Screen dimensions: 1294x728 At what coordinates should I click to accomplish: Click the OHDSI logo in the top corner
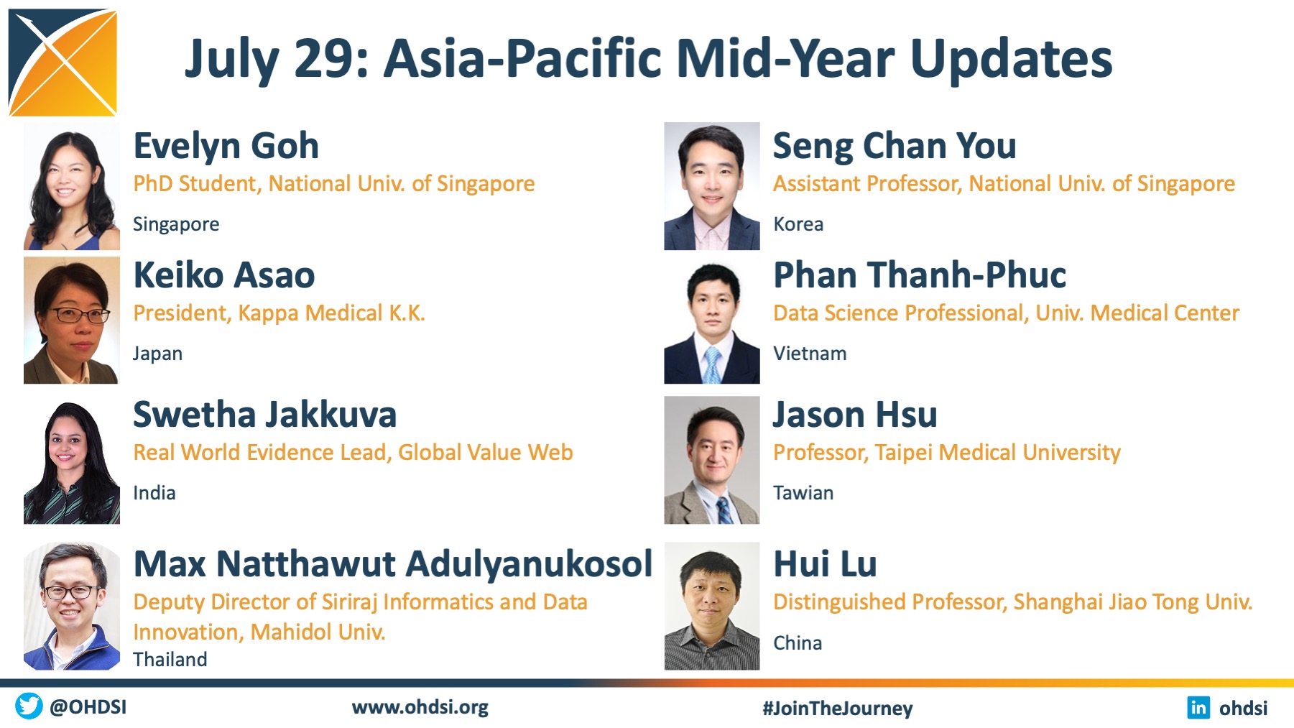63,63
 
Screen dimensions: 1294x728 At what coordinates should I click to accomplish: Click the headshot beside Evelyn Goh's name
72,186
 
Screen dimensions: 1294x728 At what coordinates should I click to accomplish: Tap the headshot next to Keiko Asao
72,321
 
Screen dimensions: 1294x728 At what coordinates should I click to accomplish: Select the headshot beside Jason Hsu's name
712,460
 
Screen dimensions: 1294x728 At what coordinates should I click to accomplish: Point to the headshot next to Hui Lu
712,606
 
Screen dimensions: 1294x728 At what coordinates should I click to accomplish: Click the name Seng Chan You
895,146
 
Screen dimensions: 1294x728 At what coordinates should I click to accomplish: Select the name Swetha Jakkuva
265,415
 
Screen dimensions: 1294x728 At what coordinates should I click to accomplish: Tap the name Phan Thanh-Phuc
920,275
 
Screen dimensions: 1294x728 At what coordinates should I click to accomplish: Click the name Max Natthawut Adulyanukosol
393,564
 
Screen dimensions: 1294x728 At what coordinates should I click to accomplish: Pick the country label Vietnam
810,354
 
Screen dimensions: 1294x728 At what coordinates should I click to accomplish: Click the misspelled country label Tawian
803,493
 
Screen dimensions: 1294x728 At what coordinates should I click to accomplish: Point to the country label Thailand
170,660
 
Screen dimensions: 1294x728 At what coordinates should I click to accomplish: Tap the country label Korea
798,224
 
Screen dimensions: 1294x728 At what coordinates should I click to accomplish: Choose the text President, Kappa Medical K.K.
279,313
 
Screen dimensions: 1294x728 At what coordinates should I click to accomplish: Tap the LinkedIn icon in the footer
1198,707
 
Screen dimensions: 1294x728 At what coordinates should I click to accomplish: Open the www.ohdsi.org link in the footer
420,708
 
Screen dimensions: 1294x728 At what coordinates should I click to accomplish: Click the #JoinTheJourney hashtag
838,709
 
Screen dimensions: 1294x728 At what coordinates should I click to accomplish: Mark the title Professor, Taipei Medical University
947,453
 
